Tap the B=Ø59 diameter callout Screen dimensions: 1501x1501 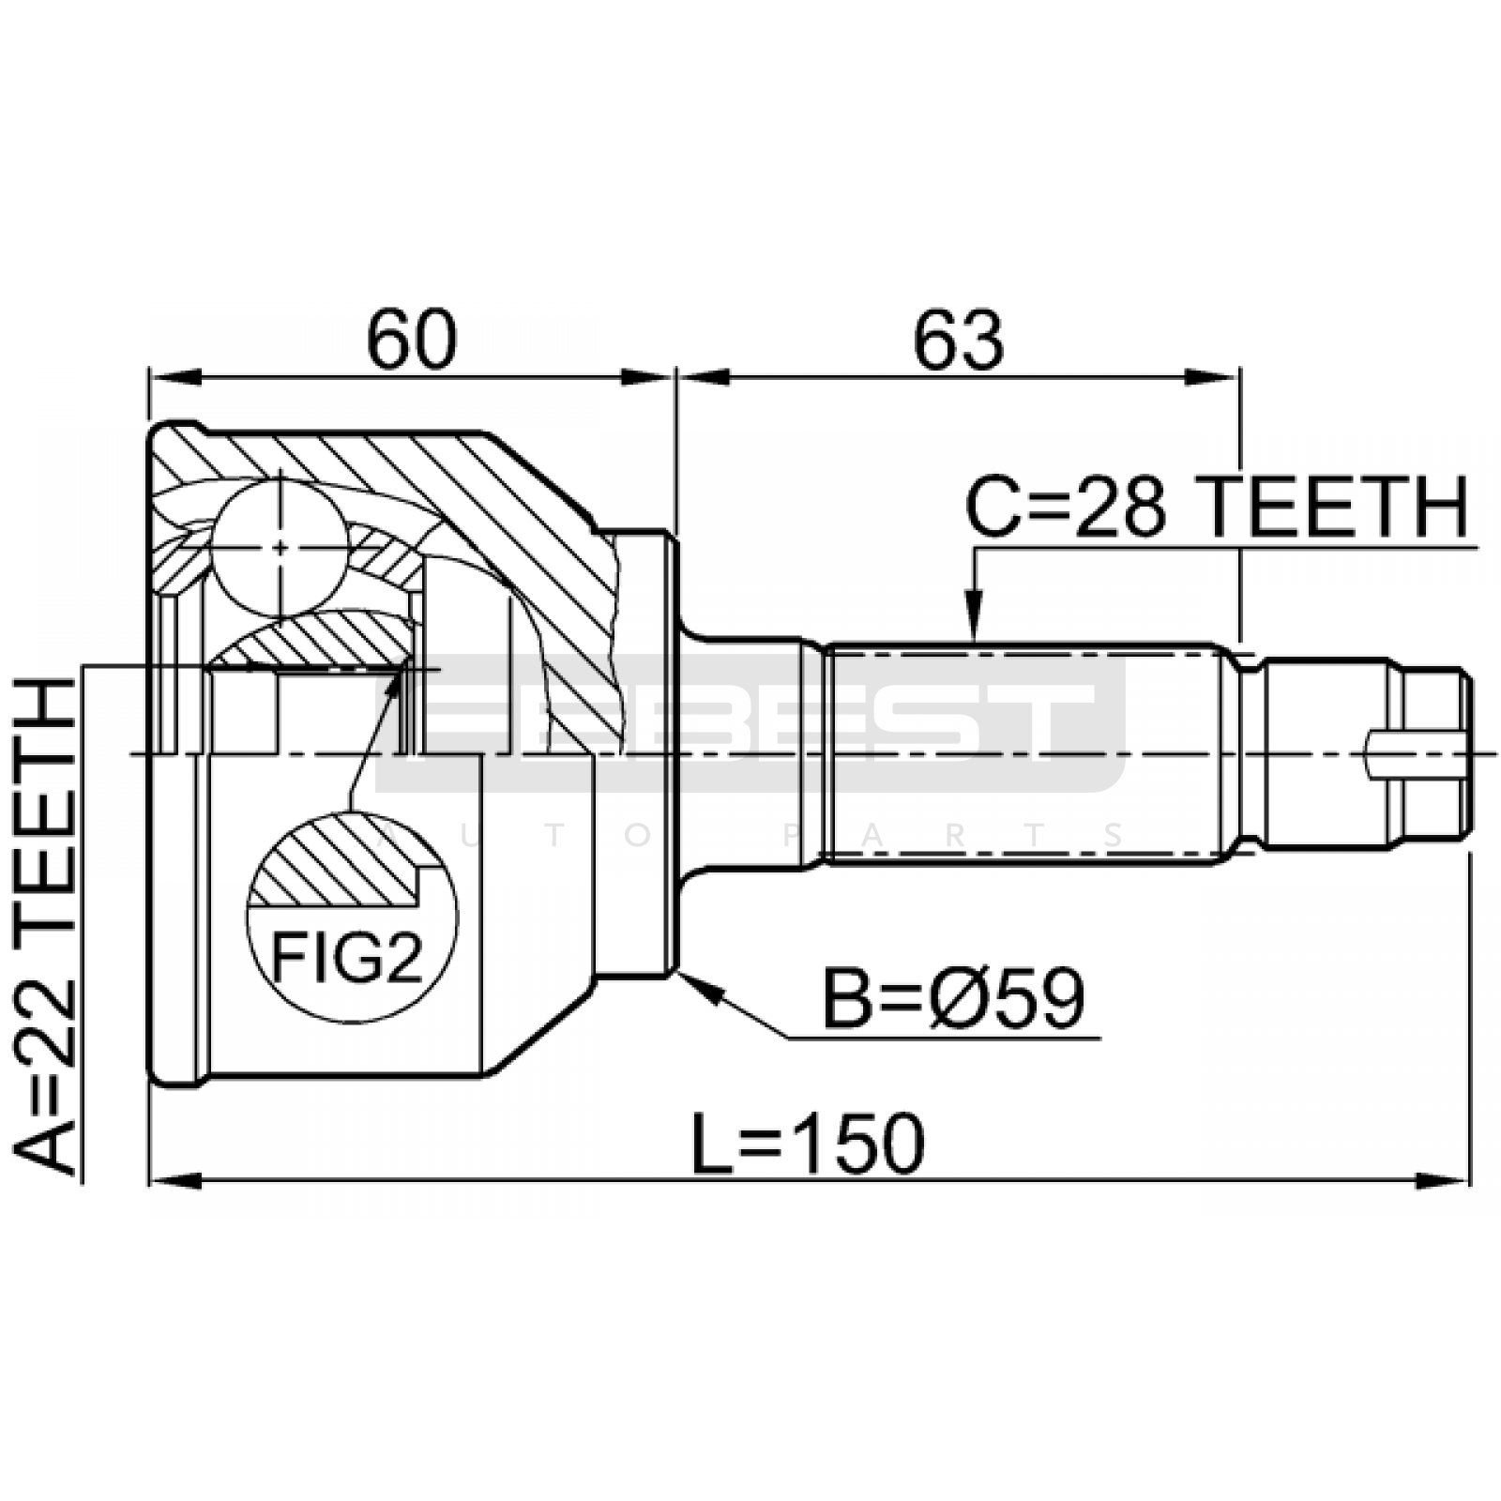point(953,999)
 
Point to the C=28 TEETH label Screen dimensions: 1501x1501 point(1217,508)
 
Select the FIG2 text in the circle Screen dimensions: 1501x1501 point(348,958)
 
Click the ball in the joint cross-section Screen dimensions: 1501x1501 point(280,549)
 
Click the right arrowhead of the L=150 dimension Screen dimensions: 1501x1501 point(1442,1179)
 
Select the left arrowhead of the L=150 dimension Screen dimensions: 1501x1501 point(176,1179)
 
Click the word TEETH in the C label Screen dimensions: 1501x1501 point(1336,508)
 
